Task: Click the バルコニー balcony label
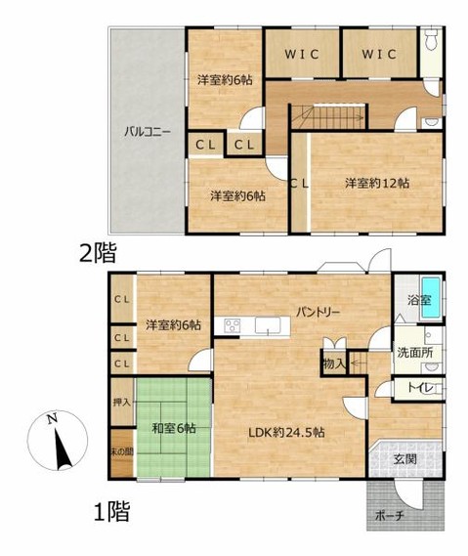pyautogui.click(x=148, y=133)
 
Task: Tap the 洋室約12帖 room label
pyautogui.click(x=377, y=184)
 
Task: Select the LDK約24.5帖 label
pyautogui.click(x=285, y=432)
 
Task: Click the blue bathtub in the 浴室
pyautogui.click(x=431, y=297)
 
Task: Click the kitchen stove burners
pyautogui.click(x=233, y=325)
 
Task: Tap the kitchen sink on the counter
pyautogui.click(x=268, y=325)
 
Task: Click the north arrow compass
pyautogui.click(x=58, y=441)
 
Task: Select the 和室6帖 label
pyautogui.click(x=174, y=428)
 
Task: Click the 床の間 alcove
pyautogui.click(x=122, y=452)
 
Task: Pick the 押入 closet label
pyautogui.click(x=121, y=403)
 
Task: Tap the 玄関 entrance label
pyautogui.click(x=404, y=459)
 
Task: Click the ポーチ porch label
pyautogui.click(x=390, y=516)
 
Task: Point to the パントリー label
pyautogui.click(x=319, y=312)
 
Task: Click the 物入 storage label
pyautogui.click(x=334, y=364)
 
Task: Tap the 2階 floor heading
pyautogui.click(x=98, y=253)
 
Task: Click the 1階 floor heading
pyautogui.click(x=111, y=512)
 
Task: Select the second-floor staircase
pyautogui.click(x=328, y=117)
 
